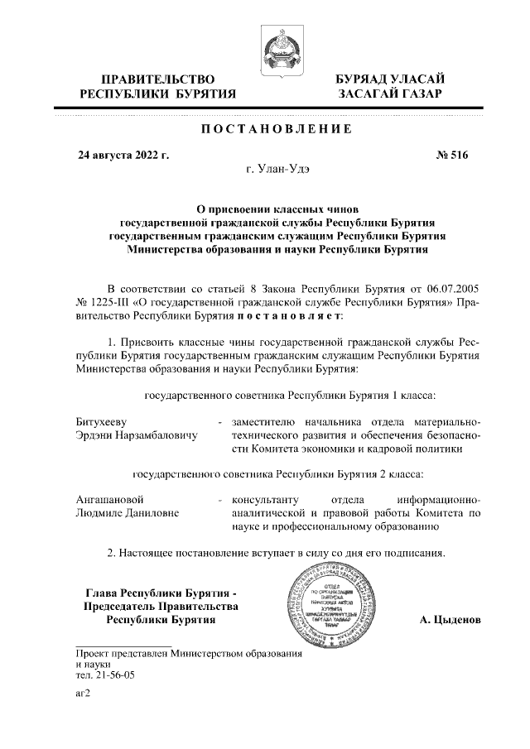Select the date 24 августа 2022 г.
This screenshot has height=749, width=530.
(123, 154)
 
